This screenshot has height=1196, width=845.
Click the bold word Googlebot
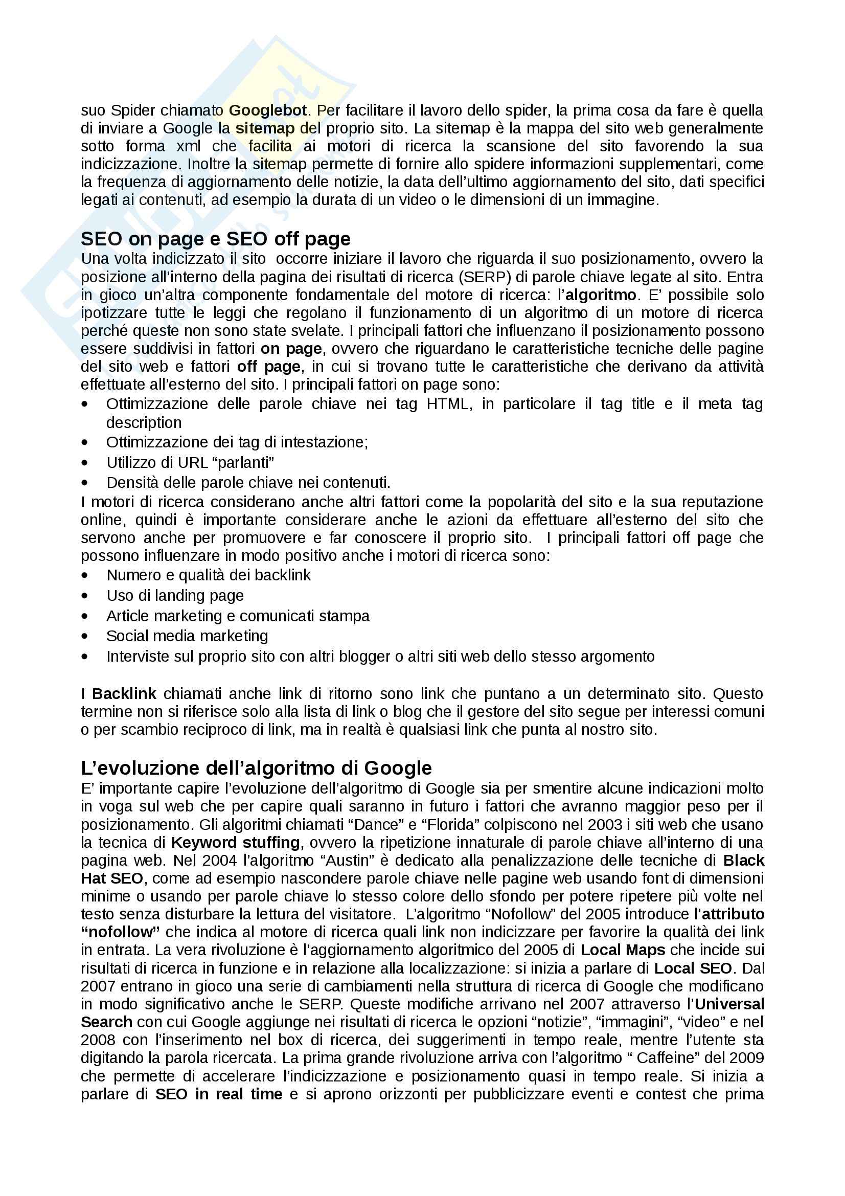(268, 110)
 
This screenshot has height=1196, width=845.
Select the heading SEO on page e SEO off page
(216, 239)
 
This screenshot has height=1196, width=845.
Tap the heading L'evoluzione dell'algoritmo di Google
(256, 768)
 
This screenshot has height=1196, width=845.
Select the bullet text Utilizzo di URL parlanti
(190, 463)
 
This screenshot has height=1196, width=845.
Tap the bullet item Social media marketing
(187, 636)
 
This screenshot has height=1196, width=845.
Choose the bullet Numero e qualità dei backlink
(208, 575)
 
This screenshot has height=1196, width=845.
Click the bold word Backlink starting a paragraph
(124, 694)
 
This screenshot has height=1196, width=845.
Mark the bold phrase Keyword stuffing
(235, 842)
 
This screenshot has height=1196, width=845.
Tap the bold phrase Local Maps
(623, 950)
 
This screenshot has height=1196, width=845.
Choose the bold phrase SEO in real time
(219, 1094)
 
